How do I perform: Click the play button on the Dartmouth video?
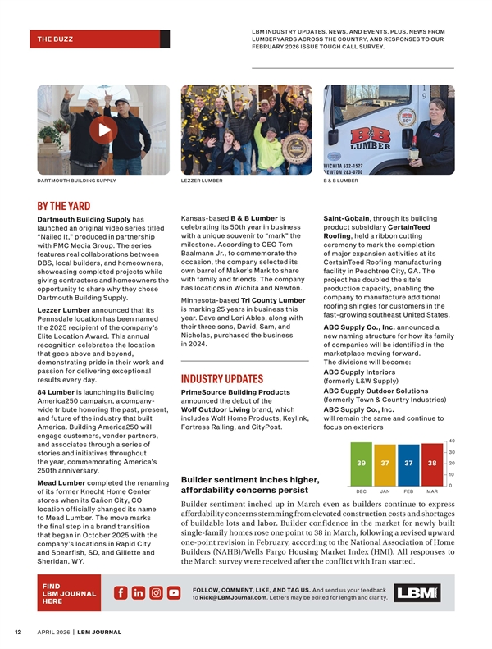[102, 130]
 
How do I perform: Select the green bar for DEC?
[361, 464]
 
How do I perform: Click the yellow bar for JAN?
[385, 464]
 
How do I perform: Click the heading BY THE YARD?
[63, 206]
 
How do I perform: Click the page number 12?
[16, 633]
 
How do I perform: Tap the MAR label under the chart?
[432, 491]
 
